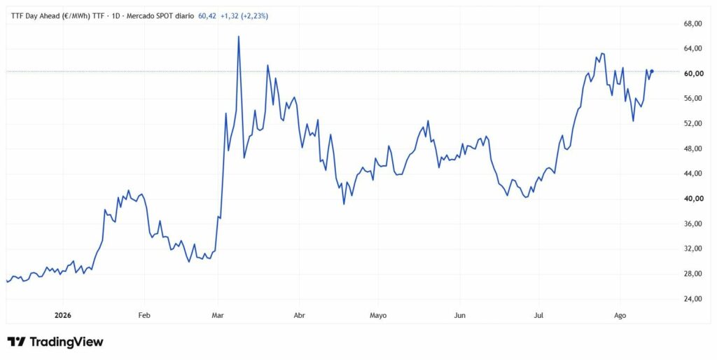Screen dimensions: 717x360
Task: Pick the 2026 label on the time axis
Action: (x=62, y=315)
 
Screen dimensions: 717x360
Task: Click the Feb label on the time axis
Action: (x=144, y=315)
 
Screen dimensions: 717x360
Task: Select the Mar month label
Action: (x=218, y=315)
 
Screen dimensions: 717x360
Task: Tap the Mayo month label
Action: (x=378, y=315)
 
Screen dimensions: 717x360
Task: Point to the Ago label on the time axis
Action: (x=620, y=315)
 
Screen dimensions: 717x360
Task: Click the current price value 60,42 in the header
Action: (x=207, y=16)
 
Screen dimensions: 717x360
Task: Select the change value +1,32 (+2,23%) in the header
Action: (x=244, y=16)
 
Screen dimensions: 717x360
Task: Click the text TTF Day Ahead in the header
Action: (x=34, y=16)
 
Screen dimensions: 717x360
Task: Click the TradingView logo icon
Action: (x=16, y=342)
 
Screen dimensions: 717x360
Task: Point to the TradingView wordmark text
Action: (x=67, y=342)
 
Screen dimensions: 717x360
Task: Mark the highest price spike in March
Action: (x=239, y=36)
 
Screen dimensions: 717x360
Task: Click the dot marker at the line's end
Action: (x=652, y=71)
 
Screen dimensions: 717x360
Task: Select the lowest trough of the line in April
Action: (x=344, y=204)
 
